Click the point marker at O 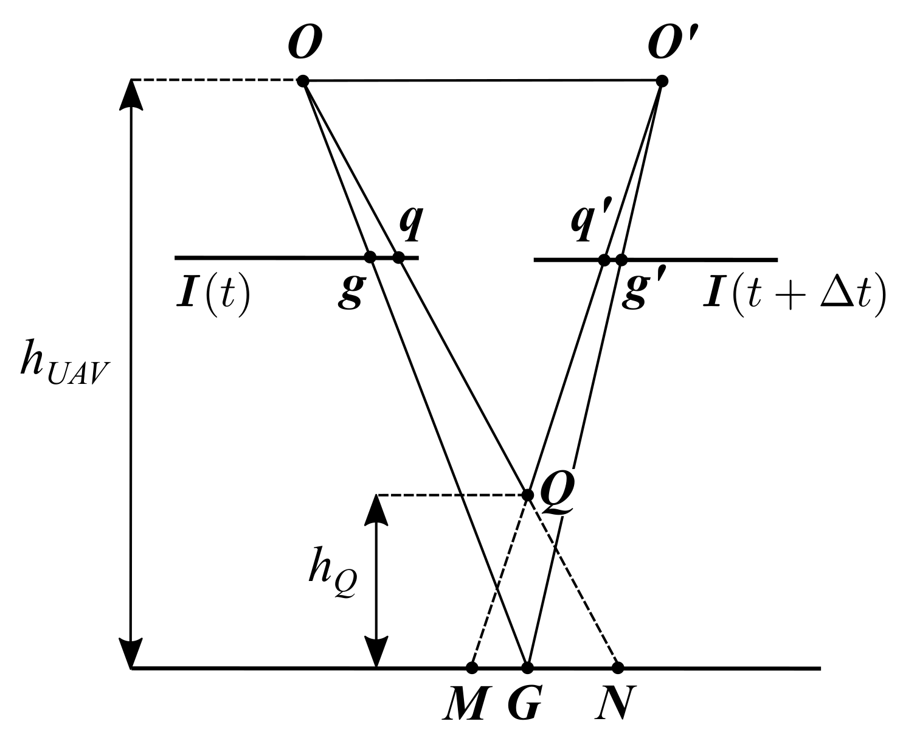[x=303, y=80]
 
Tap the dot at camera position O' [x=662, y=80]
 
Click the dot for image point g [x=370, y=257]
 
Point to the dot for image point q [x=398, y=257]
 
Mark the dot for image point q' [x=604, y=260]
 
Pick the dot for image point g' [x=621, y=260]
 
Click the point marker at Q [x=528, y=493]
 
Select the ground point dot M [x=471, y=667]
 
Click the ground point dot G [x=527, y=667]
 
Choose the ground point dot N [x=618, y=667]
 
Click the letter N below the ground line [x=615, y=705]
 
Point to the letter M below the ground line [x=465, y=705]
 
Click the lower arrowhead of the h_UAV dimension [x=132, y=653]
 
